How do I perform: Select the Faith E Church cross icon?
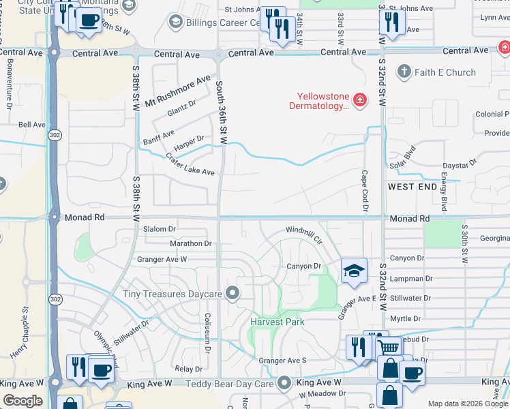(404, 72)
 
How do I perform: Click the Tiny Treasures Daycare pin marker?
(233, 294)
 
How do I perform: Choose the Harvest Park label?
(277, 321)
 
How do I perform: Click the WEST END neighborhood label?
(411, 186)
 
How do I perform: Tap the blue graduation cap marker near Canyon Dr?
(354, 271)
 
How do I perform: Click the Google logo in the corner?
(22, 400)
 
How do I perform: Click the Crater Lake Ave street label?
(190, 164)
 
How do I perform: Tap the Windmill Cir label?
(303, 235)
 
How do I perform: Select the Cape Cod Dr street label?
(365, 192)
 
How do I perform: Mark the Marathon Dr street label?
(191, 243)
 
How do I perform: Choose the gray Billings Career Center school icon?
(175, 22)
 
